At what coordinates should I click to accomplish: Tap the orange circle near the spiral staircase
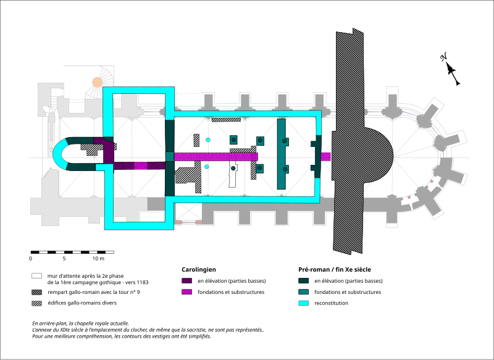[97, 82]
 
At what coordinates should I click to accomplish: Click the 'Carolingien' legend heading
[199, 270]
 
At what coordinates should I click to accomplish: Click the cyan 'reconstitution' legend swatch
[303, 303]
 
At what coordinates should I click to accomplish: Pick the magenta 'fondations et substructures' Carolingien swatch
[186, 292]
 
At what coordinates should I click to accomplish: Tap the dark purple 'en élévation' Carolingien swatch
[186, 281]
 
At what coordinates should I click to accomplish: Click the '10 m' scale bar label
[106, 259]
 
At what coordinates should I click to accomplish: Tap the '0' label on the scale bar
[30, 259]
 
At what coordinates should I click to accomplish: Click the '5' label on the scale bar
[72, 259]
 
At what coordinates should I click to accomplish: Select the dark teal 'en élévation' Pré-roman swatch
[303, 281]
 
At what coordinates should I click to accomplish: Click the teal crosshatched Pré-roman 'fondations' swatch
[303, 292]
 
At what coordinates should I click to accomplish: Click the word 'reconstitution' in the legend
[332, 303]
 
